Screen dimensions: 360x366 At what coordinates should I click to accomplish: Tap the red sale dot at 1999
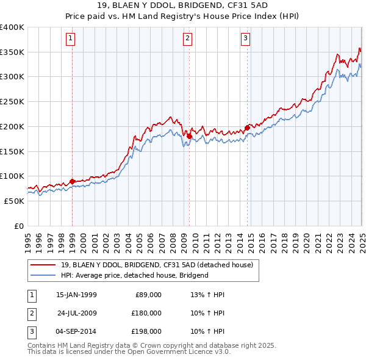click(72, 181)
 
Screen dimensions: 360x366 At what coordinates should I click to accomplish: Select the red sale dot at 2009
click(189, 136)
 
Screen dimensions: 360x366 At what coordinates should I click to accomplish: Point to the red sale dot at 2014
click(247, 128)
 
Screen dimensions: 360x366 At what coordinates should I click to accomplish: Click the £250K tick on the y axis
click(12, 102)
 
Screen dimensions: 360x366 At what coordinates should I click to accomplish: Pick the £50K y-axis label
click(14, 201)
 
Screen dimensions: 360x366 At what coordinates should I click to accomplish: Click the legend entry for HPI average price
click(135, 275)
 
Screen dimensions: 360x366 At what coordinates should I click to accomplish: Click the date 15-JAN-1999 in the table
click(76, 295)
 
